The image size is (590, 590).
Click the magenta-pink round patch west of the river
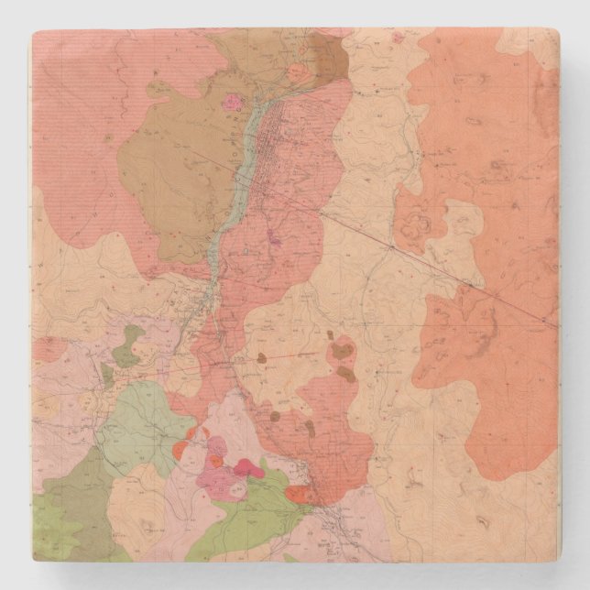233,102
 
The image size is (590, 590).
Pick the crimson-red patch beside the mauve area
248,469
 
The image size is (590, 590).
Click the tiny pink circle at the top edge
396,39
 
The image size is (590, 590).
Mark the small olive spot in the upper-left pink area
108,138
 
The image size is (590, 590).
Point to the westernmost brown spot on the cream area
261,358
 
